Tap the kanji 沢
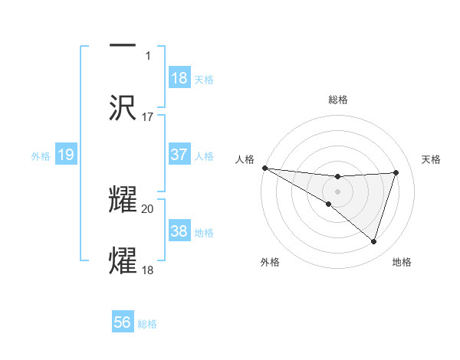click(123, 108)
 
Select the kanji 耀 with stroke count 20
click(123, 198)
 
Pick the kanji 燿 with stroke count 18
click(123, 260)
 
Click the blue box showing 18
click(179, 78)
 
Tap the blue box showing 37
click(179, 155)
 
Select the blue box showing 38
click(179, 231)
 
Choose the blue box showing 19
click(66, 155)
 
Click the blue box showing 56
click(123, 322)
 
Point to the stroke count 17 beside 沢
click(148, 117)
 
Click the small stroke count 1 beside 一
click(148, 56)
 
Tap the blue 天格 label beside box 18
click(204, 80)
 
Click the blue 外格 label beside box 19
click(41, 156)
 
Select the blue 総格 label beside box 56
click(147, 324)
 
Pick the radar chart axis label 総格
click(338, 100)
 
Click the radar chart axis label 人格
click(245, 159)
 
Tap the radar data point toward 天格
click(396, 172)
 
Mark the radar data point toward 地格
click(374, 241)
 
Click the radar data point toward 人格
click(264, 167)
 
